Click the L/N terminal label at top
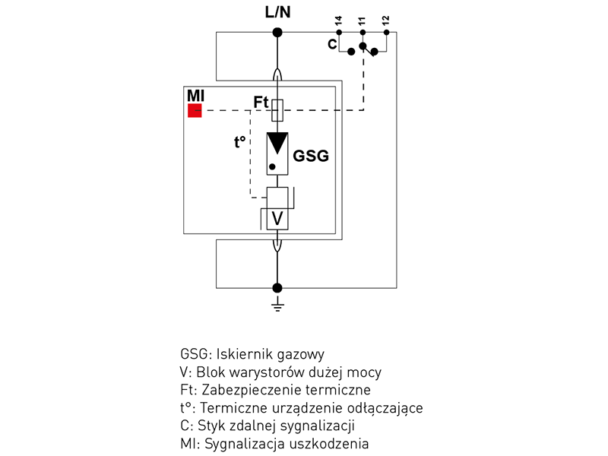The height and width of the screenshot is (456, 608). point(277,13)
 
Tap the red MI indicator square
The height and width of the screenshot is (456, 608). point(195,111)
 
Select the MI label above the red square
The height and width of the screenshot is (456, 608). point(195,97)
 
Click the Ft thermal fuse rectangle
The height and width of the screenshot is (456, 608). point(277,110)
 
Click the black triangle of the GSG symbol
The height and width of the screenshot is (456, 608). point(277,143)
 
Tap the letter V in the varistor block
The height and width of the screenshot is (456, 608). point(277,219)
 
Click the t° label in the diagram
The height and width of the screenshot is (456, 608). point(240,141)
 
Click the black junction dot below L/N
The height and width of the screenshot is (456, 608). point(277,32)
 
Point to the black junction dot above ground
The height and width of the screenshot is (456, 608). point(277,287)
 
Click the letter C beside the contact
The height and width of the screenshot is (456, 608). point(332,45)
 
